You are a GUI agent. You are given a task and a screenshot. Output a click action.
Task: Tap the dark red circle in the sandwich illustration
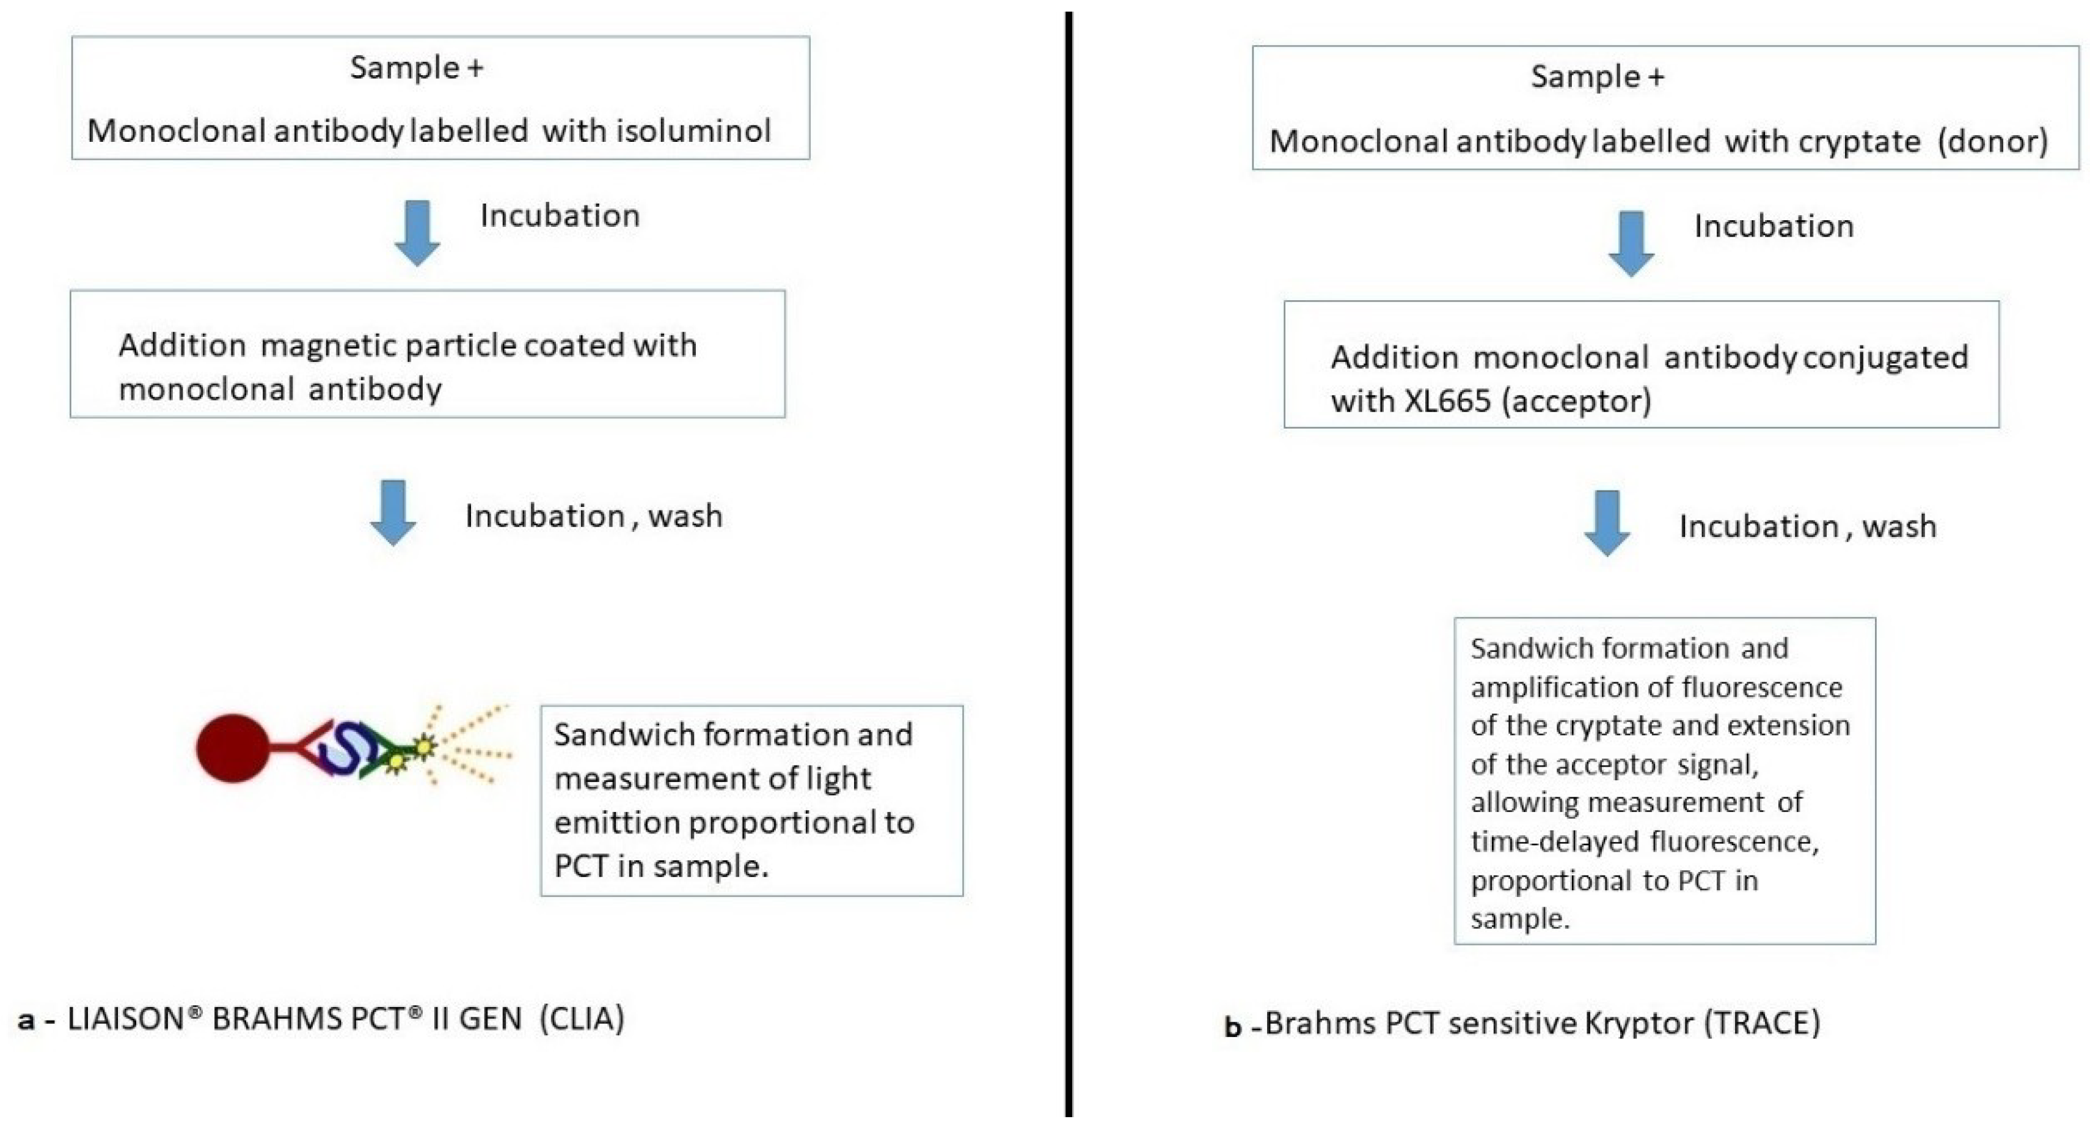pos(233,748)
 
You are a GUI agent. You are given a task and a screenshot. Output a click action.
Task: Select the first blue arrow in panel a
pos(417,233)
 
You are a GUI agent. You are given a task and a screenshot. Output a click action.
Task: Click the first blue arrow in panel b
pos(1631,243)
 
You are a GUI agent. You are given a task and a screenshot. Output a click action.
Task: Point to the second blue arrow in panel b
pos(1607,523)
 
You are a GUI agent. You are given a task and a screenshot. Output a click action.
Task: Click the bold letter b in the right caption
pos(1232,1026)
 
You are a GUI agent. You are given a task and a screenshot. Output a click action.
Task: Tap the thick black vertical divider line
pos(1069,568)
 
